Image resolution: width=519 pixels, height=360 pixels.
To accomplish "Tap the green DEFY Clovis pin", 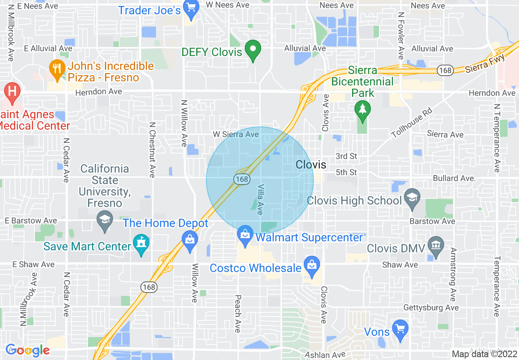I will coord(253,50).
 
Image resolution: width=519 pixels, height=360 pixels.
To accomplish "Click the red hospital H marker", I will coord(12,92).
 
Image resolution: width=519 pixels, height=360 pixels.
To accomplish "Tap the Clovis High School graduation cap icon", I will coord(412,198).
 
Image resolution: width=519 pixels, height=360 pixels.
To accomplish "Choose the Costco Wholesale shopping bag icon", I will coord(312,265).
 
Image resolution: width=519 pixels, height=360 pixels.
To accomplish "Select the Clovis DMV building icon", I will coord(436,246).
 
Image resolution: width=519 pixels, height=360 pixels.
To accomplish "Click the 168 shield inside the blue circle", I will coord(241,179).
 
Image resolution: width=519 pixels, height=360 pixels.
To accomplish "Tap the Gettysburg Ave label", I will coord(431,308).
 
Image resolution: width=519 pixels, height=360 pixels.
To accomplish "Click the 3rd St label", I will coord(346,156).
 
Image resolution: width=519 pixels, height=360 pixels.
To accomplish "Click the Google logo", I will coord(28,350).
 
